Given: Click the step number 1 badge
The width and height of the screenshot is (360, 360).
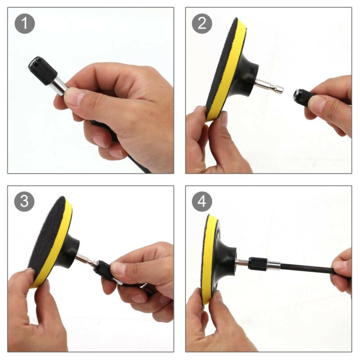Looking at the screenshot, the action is click(x=25, y=23).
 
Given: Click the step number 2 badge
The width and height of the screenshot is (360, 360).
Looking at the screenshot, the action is click(x=202, y=23).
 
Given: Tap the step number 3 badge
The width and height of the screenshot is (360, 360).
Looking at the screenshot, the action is click(x=24, y=201).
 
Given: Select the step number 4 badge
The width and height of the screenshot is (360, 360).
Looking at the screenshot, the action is click(x=202, y=201).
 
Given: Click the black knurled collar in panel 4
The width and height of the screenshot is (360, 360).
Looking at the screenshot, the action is click(x=258, y=265).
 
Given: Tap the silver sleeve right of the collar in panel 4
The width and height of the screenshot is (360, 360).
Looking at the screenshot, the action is click(x=274, y=266).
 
